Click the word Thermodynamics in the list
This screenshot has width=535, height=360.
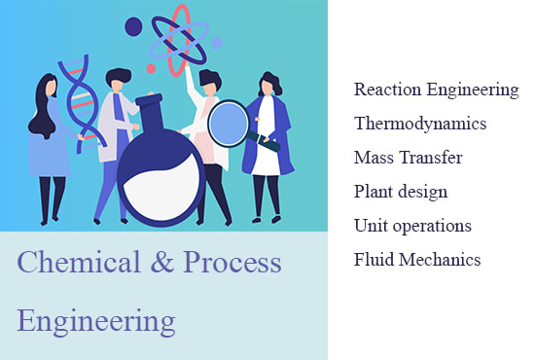click(x=420, y=124)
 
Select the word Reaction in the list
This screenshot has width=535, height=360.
click(x=386, y=90)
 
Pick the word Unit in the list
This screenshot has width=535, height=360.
click(x=370, y=226)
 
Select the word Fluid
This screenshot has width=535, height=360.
click(x=373, y=260)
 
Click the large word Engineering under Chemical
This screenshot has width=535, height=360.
click(x=96, y=320)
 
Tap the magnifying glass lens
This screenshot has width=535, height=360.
click(x=229, y=125)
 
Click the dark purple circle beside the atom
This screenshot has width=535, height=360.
click(x=133, y=26)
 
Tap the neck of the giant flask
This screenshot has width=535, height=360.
click(x=155, y=112)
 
